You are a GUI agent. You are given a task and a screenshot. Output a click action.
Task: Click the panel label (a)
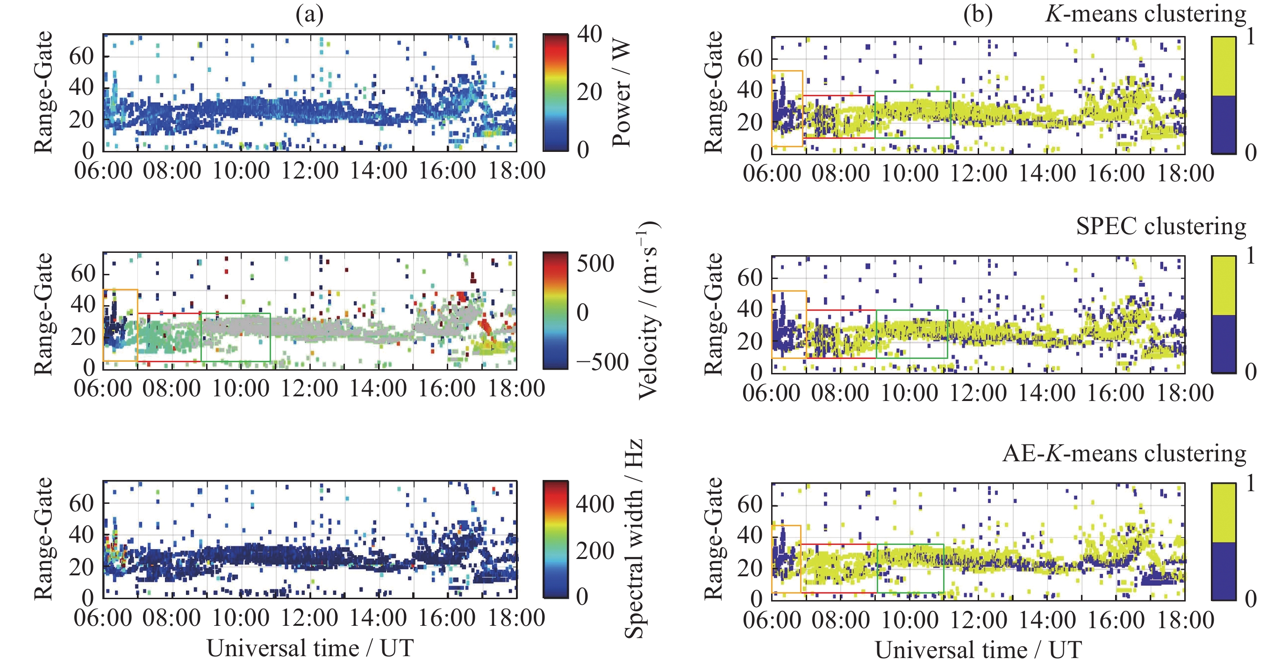click(x=309, y=14)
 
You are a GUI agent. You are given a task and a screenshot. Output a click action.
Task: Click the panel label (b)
click(x=978, y=14)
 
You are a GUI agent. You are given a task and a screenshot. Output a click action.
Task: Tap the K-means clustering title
click(x=1145, y=14)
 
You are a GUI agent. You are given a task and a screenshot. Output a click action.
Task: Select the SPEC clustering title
click(x=1161, y=227)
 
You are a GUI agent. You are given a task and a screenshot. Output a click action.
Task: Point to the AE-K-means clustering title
click(x=1124, y=453)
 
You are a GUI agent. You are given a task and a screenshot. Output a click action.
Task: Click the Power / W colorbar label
click(x=622, y=93)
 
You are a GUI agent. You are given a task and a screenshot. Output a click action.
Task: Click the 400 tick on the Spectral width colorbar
click(x=595, y=503)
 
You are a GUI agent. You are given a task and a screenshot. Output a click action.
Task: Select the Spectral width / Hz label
click(x=634, y=539)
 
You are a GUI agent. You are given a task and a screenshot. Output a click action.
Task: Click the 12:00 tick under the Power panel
click(x=309, y=171)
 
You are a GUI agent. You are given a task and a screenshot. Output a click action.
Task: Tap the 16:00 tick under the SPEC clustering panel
click(x=1116, y=393)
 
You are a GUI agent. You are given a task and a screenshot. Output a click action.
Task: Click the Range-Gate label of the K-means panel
click(x=714, y=93)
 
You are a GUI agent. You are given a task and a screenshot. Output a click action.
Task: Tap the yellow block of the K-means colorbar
click(x=1224, y=66)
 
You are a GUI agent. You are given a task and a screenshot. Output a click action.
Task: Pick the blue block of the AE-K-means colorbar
click(x=1224, y=571)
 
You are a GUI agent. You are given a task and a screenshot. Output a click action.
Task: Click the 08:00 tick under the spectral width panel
click(x=172, y=618)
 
